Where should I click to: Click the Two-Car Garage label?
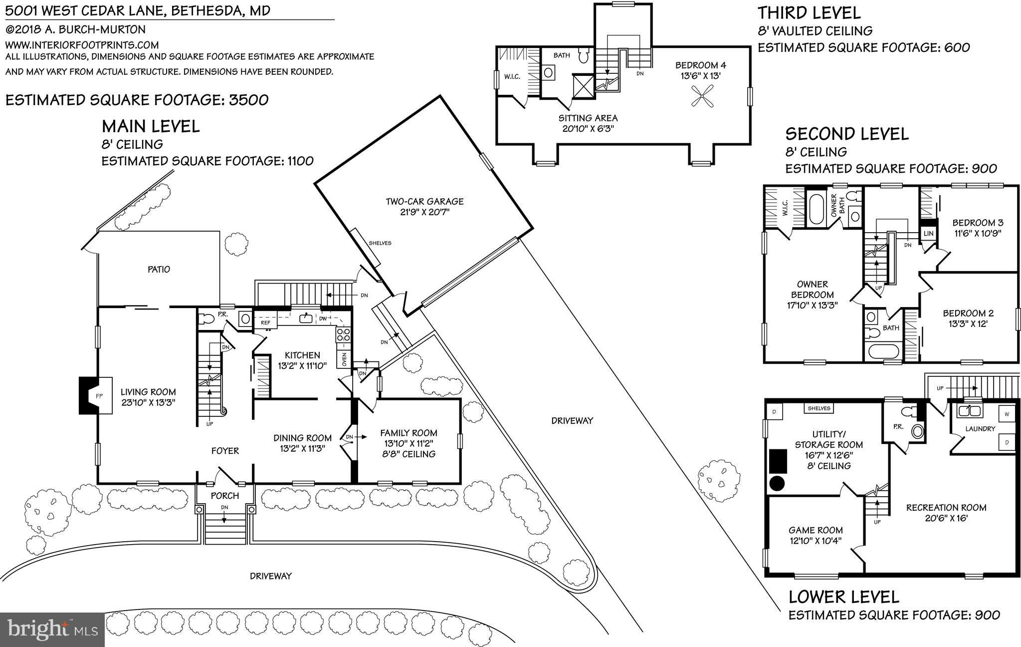click(424, 201)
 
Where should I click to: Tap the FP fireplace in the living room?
click(98, 395)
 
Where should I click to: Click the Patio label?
click(159, 269)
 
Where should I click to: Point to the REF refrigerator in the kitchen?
click(265, 323)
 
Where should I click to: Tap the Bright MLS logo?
click(52, 629)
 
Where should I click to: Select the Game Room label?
click(816, 530)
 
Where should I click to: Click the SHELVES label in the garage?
click(380, 243)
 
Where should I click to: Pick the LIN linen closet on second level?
click(928, 233)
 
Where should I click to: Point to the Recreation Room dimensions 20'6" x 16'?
click(946, 518)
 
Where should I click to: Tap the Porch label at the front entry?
click(225, 496)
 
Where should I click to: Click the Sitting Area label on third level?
click(588, 118)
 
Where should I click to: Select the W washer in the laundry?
click(1007, 414)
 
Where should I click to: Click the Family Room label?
click(408, 433)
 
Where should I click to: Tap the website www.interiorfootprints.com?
click(82, 45)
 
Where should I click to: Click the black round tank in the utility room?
click(777, 483)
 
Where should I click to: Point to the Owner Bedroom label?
click(812, 290)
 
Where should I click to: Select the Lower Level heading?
click(843, 597)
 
